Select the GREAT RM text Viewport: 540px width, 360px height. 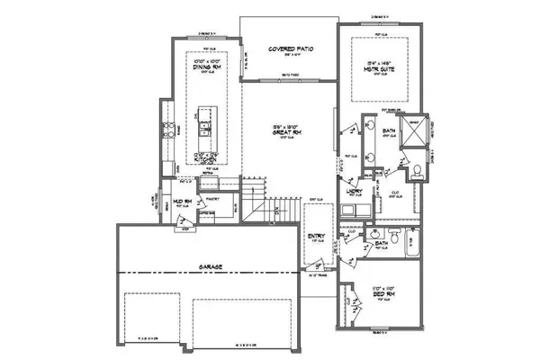285,132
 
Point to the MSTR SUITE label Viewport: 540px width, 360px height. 380,67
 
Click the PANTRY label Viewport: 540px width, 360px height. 214,196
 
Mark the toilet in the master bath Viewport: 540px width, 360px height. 418,171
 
